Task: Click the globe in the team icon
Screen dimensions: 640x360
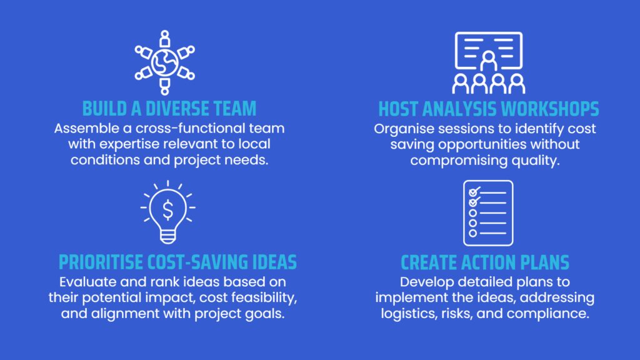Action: click(165, 63)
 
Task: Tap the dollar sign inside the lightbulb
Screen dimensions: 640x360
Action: click(167, 210)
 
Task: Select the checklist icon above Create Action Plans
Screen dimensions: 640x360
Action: click(488, 213)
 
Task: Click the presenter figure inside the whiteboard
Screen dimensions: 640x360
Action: click(489, 61)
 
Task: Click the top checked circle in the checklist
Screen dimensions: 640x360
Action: click(474, 192)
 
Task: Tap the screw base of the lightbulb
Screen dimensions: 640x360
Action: click(167, 236)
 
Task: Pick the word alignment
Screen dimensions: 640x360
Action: click(125, 314)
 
